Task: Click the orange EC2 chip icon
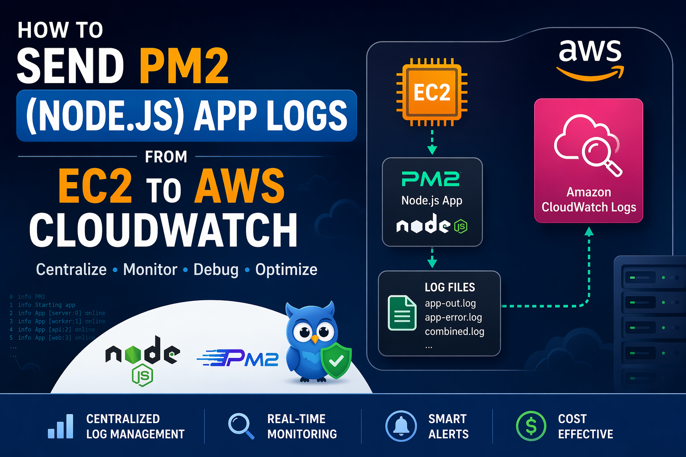432,92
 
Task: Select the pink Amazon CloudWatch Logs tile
588,160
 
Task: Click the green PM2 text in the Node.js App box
431,179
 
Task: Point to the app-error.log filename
453,317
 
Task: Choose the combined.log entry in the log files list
454,332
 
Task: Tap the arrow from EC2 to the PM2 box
432,142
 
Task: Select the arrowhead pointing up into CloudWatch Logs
589,232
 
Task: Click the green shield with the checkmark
336,361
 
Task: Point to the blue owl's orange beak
315,340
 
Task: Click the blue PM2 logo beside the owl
238,358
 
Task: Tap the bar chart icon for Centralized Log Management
61,427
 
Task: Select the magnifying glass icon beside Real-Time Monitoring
241,425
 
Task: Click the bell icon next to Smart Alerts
401,426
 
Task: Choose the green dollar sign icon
531,426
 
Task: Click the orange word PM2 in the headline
184,66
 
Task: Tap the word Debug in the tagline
216,270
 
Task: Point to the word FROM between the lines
166,157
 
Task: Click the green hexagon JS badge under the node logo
142,376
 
